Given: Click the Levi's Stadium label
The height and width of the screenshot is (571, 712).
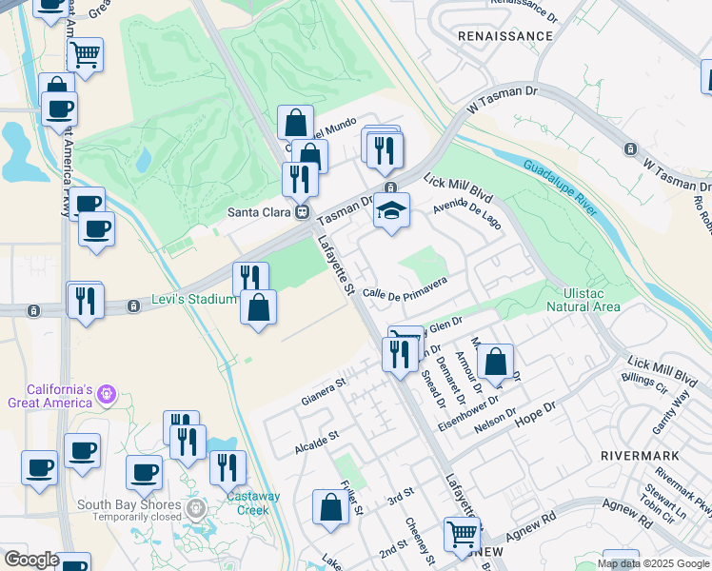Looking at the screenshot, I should [x=194, y=301].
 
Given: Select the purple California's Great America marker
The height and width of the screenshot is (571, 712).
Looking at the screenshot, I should [x=107, y=393].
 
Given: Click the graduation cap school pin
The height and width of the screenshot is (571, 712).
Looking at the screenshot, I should [x=390, y=210].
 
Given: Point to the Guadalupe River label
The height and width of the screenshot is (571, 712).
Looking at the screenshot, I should [x=561, y=187].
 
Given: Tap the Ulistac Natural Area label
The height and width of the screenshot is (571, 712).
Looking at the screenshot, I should [x=583, y=300].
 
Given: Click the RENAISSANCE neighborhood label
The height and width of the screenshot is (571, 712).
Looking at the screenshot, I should [x=505, y=36].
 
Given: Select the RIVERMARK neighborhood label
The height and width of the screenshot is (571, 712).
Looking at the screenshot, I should [x=640, y=455].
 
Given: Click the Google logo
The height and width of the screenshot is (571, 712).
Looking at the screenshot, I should [x=31, y=560].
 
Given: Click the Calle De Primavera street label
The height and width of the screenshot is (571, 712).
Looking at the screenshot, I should [x=405, y=286].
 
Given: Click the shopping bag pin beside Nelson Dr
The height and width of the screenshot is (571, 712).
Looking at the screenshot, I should [x=495, y=362].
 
